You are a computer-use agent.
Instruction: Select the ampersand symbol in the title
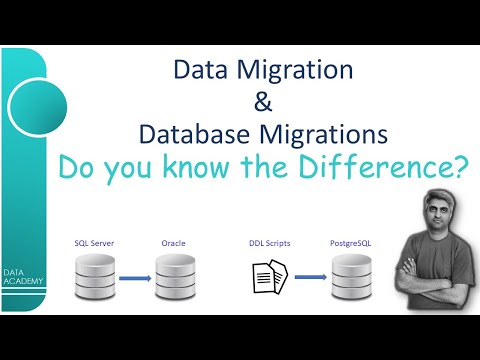point(264,101)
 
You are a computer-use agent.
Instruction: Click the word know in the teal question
point(222,167)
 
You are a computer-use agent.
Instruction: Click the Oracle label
point(174,243)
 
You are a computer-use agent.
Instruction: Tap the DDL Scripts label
point(268,243)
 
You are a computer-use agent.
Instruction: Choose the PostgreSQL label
point(351,243)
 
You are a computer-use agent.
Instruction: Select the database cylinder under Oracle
point(173,276)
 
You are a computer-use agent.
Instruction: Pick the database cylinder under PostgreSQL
point(351,276)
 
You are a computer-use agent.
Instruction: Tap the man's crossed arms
point(432,283)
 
